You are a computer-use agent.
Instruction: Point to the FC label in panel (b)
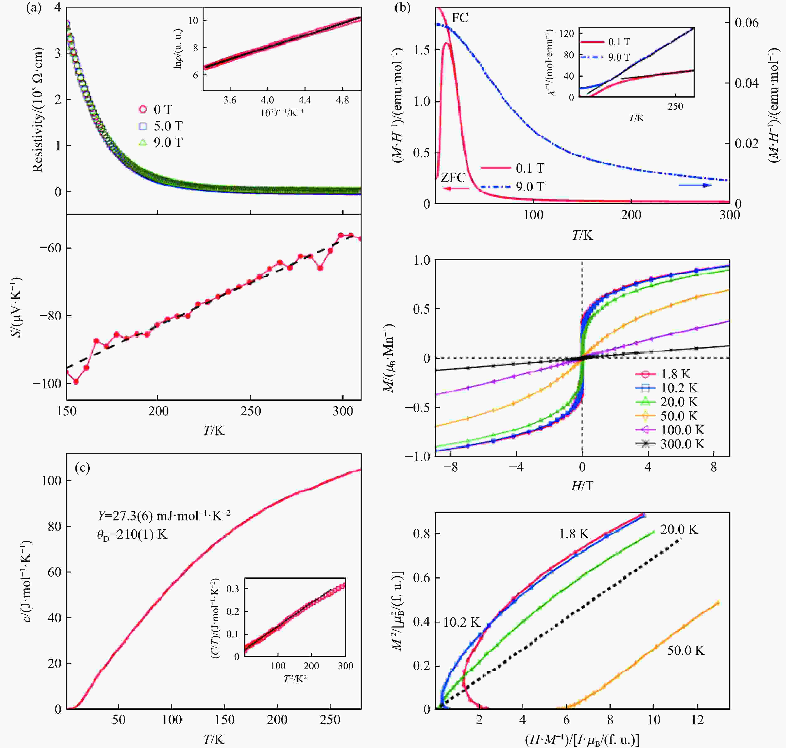click(460, 18)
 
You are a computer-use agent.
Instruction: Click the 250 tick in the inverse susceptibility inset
click(675, 106)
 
